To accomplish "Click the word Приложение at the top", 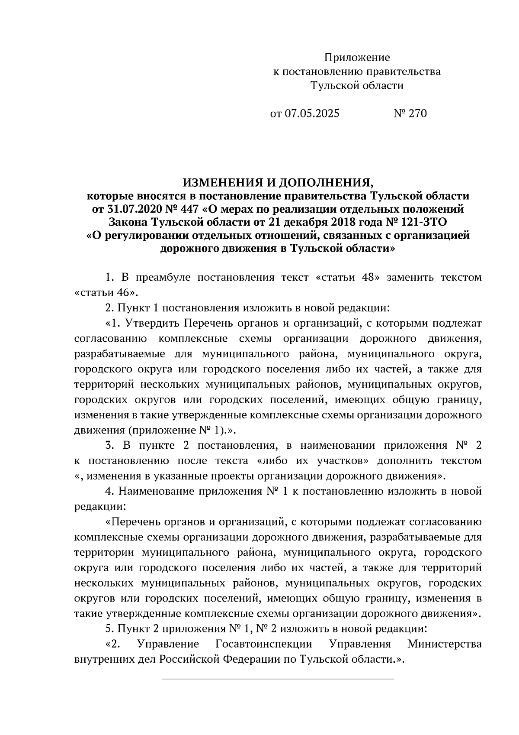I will pyautogui.click(x=357, y=58).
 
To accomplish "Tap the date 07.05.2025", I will pyautogui.click(x=311, y=113).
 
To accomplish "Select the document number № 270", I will pyautogui.click(x=410, y=113).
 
